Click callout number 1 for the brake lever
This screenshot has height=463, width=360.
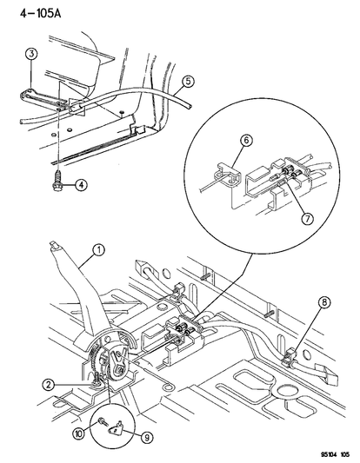click(99, 250)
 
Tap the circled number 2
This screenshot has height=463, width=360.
click(49, 385)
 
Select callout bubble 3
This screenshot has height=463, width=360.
click(31, 54)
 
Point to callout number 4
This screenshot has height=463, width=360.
click(81, 185)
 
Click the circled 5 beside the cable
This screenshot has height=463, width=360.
click(188, 82)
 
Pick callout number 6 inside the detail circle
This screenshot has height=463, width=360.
click(246, 140)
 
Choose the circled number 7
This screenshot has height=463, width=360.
click(307, 219)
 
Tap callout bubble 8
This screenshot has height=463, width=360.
click(324, 302)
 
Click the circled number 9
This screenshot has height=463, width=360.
click(147, 437)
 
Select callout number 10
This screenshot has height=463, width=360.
click(79, 433)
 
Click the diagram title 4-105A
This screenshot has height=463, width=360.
click(40, 13)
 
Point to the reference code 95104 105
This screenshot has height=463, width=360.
click(334, 454)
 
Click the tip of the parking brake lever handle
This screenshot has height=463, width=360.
click(54, 243)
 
